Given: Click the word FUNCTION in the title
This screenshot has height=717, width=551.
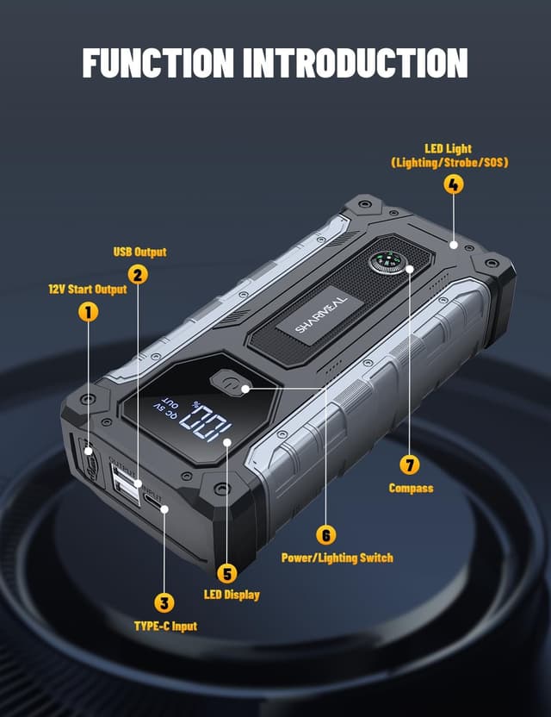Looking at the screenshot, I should click(x=158, y=63).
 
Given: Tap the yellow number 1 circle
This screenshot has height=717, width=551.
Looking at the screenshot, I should click(x=88, y=312).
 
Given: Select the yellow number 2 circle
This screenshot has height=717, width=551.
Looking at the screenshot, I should click(x=138, y=275).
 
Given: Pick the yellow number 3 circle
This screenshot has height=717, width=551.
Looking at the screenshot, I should click(x=164, y=602).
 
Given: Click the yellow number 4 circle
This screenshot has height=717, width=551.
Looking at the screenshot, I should click(x=453, y=184).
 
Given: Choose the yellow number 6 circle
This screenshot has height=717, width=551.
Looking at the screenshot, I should click(x=325, y=534).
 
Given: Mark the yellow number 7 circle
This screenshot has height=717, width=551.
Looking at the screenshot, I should click(x=411, y=464).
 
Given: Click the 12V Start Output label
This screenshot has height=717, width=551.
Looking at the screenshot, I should click(x=87, y=290).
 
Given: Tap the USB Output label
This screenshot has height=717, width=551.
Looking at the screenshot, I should click(x=139, y=253).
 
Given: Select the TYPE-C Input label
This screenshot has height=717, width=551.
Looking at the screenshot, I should click(x=165, y=626).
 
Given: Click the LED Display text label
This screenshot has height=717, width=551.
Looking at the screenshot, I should click(x=231, y=595).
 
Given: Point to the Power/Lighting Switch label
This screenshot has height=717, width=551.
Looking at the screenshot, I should click(x=337, y=558).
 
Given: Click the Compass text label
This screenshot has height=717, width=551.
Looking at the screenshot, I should click(x=411, y=488).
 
